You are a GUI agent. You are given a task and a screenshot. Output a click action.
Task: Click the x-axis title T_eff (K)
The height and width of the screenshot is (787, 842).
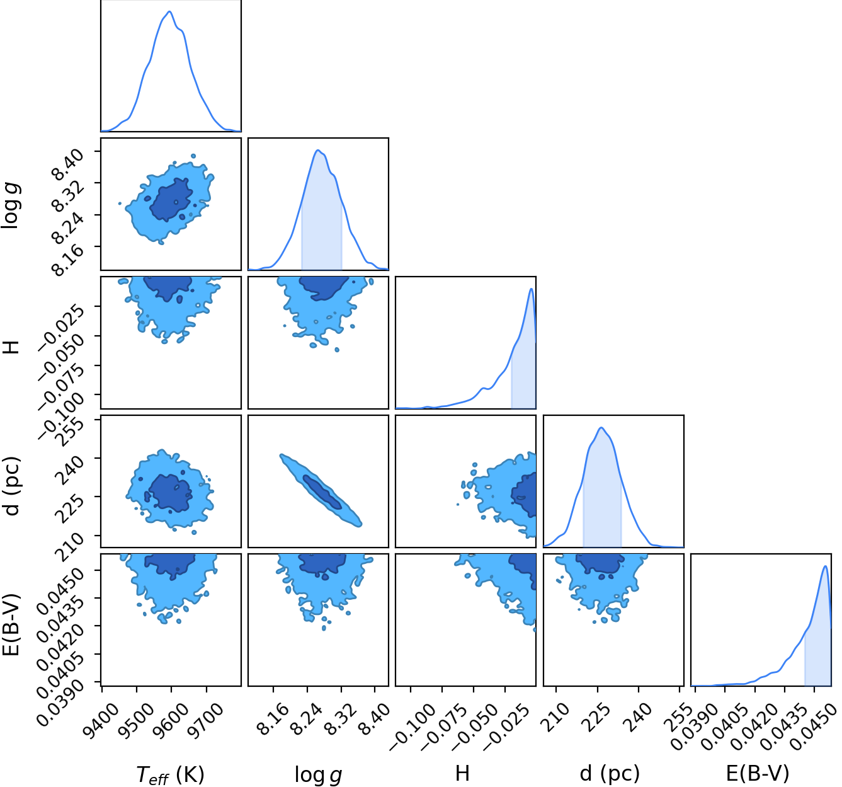(x=171, y=774)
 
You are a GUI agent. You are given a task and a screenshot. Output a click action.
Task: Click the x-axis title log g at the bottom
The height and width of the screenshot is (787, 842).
(x=319, y=775)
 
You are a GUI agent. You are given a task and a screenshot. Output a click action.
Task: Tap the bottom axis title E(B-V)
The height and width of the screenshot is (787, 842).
(x=758, y=773)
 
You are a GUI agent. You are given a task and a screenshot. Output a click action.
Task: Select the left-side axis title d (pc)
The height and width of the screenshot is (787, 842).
(x=13, y=486)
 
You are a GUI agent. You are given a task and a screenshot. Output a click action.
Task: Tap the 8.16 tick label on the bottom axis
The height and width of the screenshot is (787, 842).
(x=273, y=719)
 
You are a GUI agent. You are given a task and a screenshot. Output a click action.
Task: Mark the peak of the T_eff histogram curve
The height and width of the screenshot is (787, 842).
(x=169, y=11)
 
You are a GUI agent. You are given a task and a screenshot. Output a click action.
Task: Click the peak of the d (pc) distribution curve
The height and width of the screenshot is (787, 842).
(x=601, y=427)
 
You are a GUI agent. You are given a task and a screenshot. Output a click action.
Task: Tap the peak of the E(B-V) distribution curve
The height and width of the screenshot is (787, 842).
(x=825, y=566)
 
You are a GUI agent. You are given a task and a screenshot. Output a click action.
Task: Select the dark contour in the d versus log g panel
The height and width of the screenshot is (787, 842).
(x=322, y=492)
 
